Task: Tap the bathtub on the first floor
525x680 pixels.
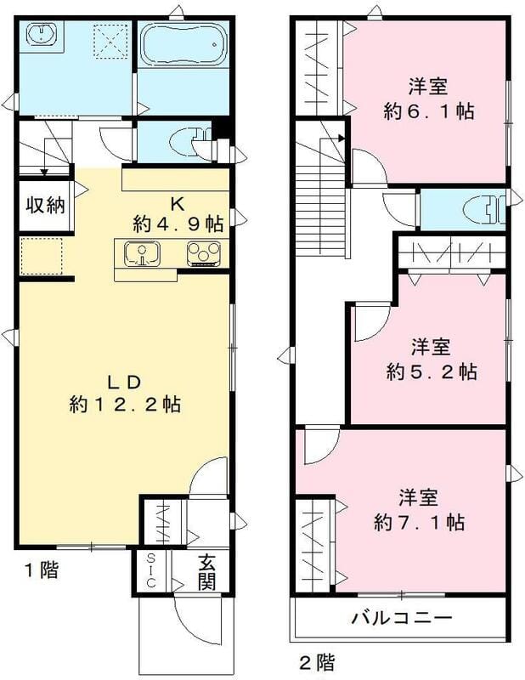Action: click(183, 44)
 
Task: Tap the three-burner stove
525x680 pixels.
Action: click(205, 253)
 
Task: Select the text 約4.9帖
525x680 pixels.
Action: click(178, 224)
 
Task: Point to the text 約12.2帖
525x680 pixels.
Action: click(124, 405)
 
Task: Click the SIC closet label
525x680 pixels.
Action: click(151, 572)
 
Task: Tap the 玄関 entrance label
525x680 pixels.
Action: click(207, 572)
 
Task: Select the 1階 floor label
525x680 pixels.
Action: click(37, 570)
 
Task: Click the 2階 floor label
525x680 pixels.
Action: click(315, 660)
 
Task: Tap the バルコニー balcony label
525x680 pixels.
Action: click(402, 618)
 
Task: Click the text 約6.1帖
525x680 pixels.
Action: click(428, 110)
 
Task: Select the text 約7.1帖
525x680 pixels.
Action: click(420, 521)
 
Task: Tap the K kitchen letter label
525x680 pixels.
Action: click(178, 203)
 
